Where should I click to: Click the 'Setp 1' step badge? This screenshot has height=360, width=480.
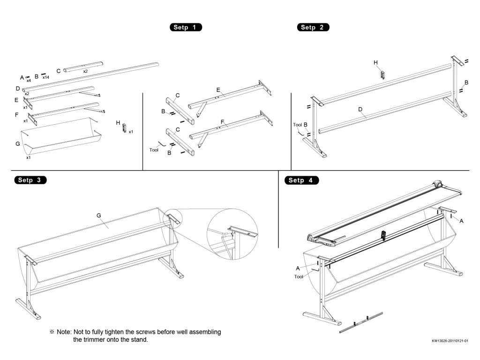pyautogui.click(x=185, y=27)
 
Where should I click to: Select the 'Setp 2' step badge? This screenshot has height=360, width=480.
pyautogui.click(x=313, y=27)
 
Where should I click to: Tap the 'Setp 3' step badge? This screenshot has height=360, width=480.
pyautogui.click(x=31, y=180)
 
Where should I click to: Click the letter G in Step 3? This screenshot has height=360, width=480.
pyautogui.click(x=99, y=215)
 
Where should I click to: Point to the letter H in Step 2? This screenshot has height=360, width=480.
pyautogui.click(x=375, y=62)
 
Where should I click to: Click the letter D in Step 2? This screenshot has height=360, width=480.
pyautogui.click(x=360, y=109)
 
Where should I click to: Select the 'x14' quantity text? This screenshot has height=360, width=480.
pyautogui.click(x=46, y=77)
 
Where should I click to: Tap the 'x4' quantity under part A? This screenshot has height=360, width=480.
pyautogui.click(x=29, y=81)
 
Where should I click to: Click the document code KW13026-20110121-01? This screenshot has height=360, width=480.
pyautogui.click(x=450, y=341)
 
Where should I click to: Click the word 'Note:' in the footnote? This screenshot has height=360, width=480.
pyautogui.click(x=64, y=332)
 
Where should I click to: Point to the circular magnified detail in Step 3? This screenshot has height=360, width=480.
pyautogui.click(x=232, y=234)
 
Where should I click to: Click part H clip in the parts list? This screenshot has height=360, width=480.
pyautogui.click(x=124, y=127)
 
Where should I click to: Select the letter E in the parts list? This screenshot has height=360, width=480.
pyautogui.click(x=17, y=100)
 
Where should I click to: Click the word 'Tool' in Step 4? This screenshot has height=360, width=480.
pyautogui.click(x=299, y=277)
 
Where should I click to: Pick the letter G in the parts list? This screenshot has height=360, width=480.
pyautogui.click(x=18, y=144)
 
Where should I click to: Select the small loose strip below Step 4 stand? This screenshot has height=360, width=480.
pyautogui.click(x=361, y=322)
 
